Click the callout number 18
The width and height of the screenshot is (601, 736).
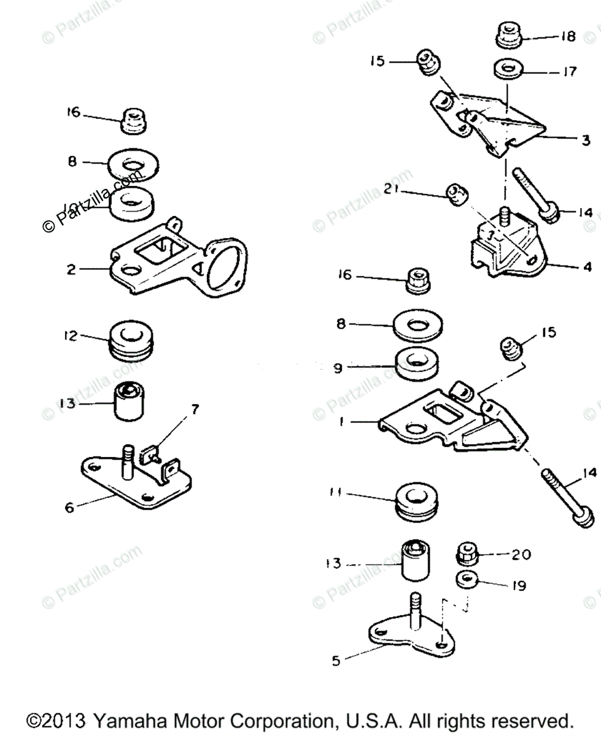[568, 37]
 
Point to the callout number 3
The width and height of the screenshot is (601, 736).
[586, 140]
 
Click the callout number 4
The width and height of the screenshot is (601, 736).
[587, 267]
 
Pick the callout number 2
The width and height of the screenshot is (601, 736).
[71, 269]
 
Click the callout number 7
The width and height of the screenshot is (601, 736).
[195, 410]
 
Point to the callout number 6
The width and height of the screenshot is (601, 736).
[69, 508]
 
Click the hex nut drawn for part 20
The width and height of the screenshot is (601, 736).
[468, 554]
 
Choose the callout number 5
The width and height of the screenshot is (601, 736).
[335, 661]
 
